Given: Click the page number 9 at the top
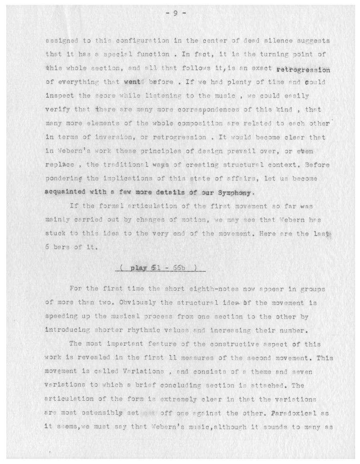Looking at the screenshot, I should click(175, 13).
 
